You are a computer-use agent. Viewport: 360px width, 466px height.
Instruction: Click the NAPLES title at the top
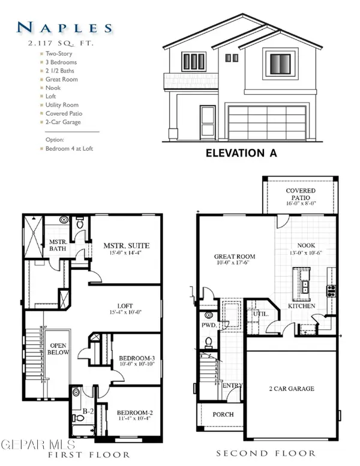click(x=65, y=27)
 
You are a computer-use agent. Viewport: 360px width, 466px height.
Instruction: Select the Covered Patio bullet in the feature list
click(x=64, y=113)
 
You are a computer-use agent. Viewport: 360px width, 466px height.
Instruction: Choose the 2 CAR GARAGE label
click(x=292, y=389)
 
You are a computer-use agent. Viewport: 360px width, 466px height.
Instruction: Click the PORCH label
click(x=223, y=414)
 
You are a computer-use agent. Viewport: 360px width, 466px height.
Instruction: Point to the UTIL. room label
click(x=259, y=314)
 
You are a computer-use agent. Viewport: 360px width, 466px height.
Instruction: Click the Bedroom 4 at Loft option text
click(x=69, y=148)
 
